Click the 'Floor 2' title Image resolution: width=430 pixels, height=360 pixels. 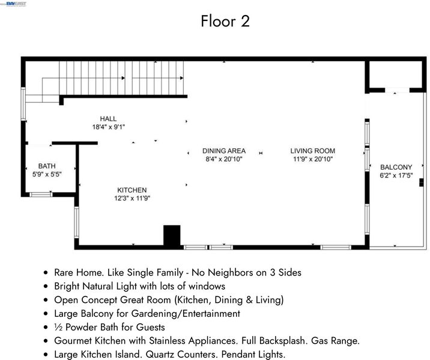coord(225,21)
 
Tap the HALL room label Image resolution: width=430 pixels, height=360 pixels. coord(108,119)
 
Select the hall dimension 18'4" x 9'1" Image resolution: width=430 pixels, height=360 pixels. coord(109,127)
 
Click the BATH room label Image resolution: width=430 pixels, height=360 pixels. coord(47,166)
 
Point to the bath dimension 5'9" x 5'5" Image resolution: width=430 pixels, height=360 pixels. coord(47,174)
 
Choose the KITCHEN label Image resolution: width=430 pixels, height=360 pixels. coord(132,190)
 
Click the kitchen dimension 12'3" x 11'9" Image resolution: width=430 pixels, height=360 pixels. coord(132,198)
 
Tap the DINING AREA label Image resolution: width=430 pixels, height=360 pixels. coord(224,151)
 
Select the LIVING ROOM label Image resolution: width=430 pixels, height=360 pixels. coord(313,151)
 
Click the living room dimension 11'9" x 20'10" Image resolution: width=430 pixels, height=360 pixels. coord(313,159)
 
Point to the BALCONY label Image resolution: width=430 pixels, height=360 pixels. coord(396,167)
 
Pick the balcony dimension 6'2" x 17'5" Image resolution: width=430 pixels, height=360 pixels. coord(396,175)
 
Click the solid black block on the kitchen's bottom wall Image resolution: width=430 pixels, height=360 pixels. coord(172,235)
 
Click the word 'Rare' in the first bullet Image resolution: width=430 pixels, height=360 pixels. coord(64,272)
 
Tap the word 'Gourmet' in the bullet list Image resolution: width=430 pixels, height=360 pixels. coord(73,341)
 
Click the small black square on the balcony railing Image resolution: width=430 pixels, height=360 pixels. coord(422,182)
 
